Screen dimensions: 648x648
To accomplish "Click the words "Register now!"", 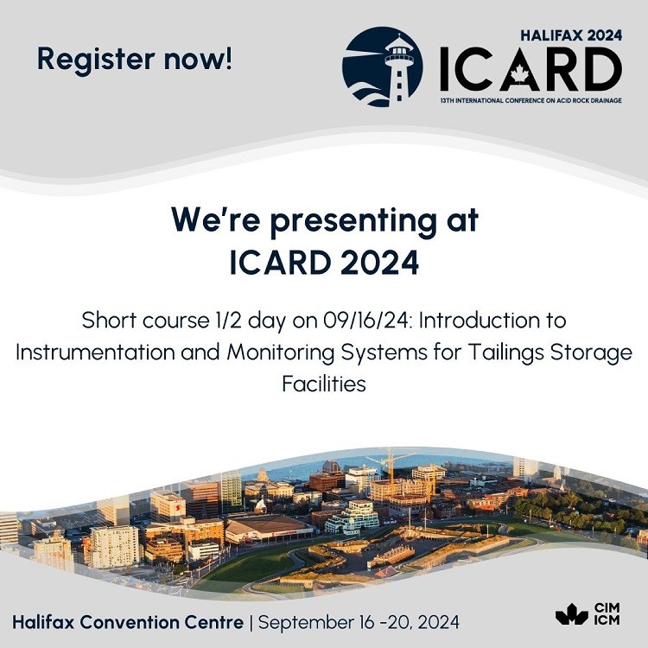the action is click(134, 60).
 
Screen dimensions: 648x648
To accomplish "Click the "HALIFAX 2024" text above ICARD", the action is click(571, 35).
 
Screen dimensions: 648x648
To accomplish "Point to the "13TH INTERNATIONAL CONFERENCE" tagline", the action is click(530, 100).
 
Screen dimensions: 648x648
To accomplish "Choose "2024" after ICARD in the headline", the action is click(380, 263).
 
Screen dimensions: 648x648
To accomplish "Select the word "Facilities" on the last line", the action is click(324, 384).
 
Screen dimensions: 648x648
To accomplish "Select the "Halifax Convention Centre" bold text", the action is click(128, 622).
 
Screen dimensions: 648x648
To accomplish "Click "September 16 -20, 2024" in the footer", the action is click(359, 622).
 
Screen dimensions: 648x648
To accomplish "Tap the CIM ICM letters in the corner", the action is click(607, 614).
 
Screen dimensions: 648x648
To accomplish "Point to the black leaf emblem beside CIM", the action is click(572, 614).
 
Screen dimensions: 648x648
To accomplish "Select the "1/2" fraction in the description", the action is click(225, 321).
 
